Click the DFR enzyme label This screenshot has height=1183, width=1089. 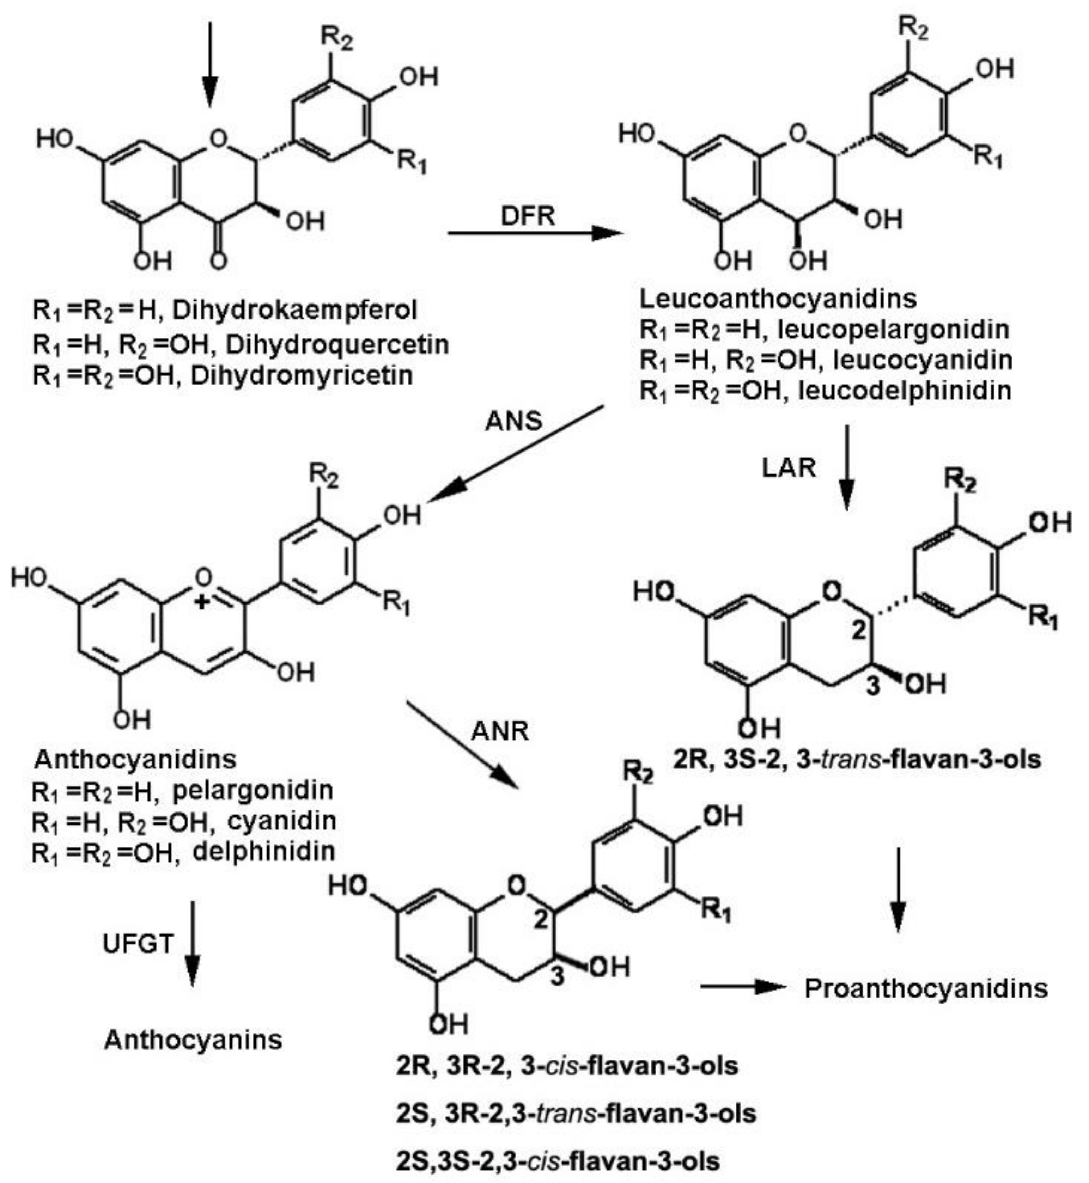pos(528,216)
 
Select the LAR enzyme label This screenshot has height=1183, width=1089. pos(789,468)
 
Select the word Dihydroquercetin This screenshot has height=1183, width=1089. pos(337,344)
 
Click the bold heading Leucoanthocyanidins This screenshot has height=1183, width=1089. pos(778,299)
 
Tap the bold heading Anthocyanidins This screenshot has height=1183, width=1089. pos(135,759)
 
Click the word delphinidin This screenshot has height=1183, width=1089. pos(264,851)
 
